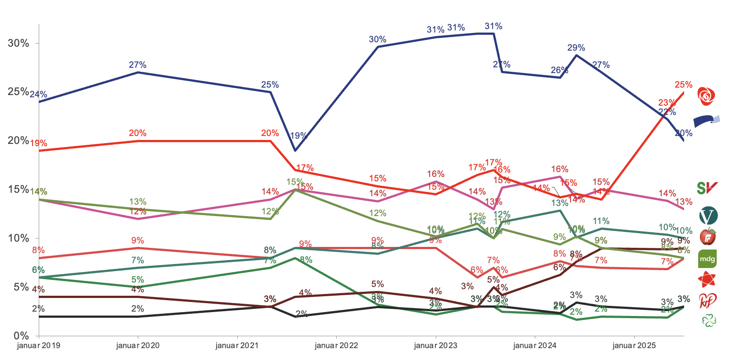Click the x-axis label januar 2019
[39, 345]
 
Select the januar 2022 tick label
[336, 345]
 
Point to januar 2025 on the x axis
[634, 345]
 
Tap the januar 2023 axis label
[435, 345]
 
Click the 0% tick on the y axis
[21, 336]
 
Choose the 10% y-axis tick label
[18, 238]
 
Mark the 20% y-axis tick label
[18, 140]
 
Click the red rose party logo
[707, 96]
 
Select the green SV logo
[707, 188]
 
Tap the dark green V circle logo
[708, 216]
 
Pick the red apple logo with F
[708, 237]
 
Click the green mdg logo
[707, 259]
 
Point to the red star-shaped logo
[707, 279]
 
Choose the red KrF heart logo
[707, 301]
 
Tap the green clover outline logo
[709, 320]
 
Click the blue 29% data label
[576, 48]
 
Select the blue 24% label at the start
[38, 94]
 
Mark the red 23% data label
[667, 103]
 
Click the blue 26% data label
[560, 70]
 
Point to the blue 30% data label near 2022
[377, 39]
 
